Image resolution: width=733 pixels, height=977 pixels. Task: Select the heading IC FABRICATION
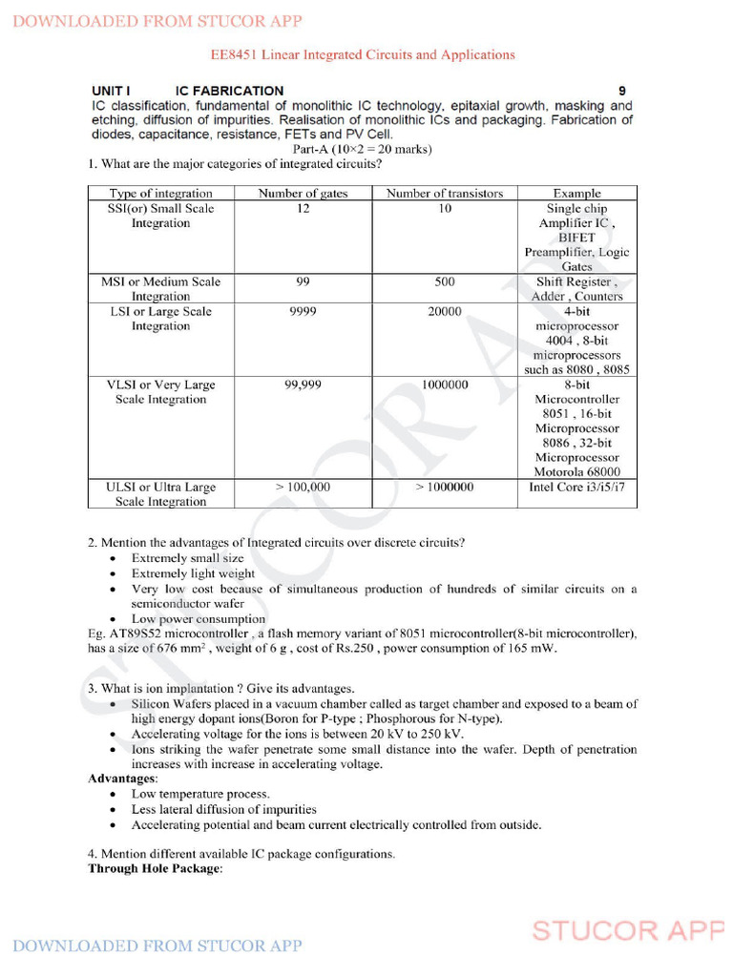[x=229, y=91]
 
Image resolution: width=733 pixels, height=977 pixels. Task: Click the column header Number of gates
[x=303, y=193]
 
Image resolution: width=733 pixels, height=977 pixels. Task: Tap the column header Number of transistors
[x=444, y=193]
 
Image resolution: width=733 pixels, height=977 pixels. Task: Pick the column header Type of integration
[x=160, y=193]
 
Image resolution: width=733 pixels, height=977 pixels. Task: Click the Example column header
[x=576, y=193]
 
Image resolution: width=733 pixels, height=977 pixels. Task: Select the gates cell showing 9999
[x=303, y=311]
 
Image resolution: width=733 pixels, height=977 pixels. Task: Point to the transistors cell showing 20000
[x=444, y=311]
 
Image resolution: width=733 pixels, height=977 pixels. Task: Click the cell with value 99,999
[x=303, y=385]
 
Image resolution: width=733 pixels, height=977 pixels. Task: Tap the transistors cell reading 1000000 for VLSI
[x=444, y=385]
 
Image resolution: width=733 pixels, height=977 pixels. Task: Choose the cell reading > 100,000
[x=303, y=487]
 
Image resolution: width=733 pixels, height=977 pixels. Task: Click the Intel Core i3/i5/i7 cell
[x=576, y=487]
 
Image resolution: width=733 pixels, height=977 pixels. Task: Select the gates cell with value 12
[x=303, y=208]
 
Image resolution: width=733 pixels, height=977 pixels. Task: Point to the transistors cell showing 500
[x=444, y=281]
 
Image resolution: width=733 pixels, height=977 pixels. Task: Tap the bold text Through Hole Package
[x=155, y=869]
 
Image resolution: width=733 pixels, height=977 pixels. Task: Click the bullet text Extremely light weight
[x=193, y=573]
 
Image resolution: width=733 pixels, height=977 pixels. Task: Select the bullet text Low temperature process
[x=200, y=794]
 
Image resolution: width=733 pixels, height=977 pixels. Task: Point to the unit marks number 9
[x=621, y=91]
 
